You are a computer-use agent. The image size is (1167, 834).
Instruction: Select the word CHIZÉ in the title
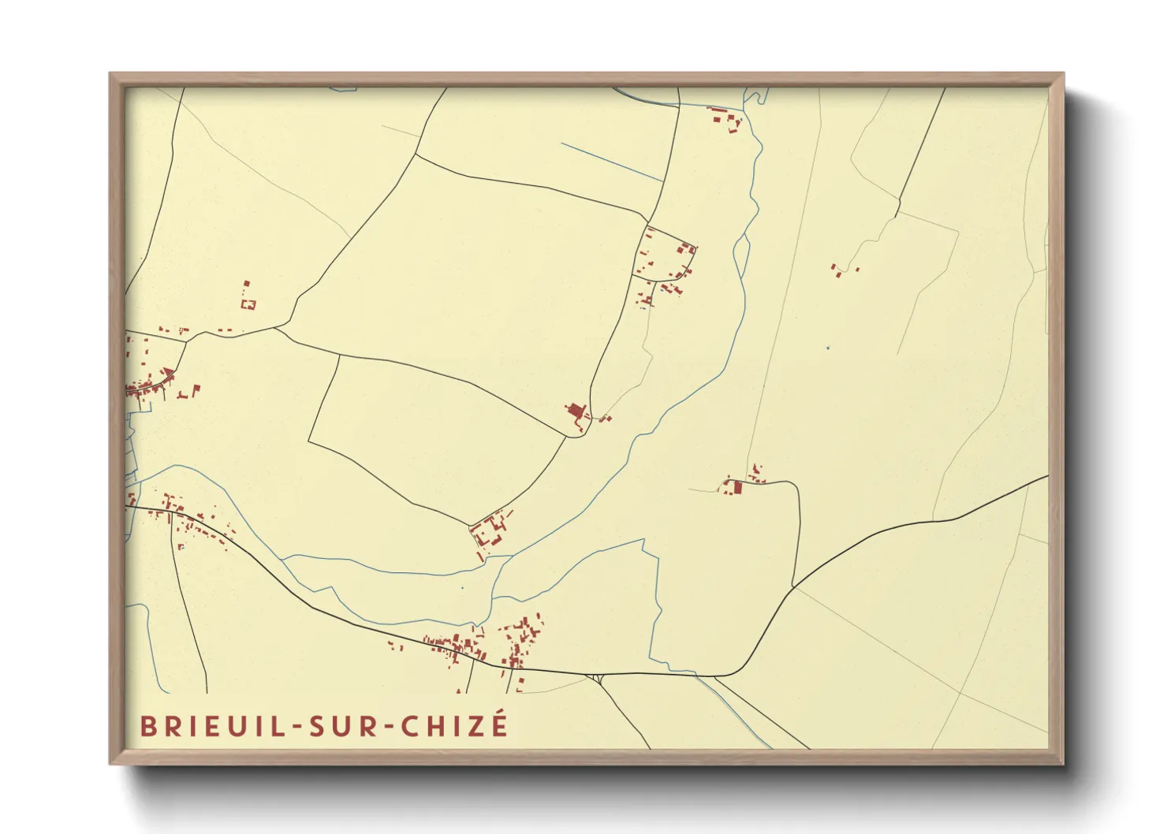point(455,725)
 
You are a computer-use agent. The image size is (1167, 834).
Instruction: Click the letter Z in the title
point(477,726)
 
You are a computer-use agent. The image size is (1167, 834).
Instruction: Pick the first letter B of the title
point(147,726)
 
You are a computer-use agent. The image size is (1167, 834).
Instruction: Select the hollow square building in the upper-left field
point(249,303)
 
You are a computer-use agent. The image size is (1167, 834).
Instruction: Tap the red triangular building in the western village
point(167,373)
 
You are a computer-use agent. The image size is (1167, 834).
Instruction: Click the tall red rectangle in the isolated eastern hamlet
point(738,488)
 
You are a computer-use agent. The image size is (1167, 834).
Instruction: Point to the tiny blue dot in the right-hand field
point(827,347)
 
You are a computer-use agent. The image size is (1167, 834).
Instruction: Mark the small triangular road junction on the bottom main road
point(599,678)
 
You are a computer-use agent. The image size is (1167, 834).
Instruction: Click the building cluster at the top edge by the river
point(726,119)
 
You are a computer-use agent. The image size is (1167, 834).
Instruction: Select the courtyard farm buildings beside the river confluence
point(490,531)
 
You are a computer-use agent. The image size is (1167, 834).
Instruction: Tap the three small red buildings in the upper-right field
point(842,270)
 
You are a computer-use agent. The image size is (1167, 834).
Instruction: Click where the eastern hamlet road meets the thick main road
point(793,587)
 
